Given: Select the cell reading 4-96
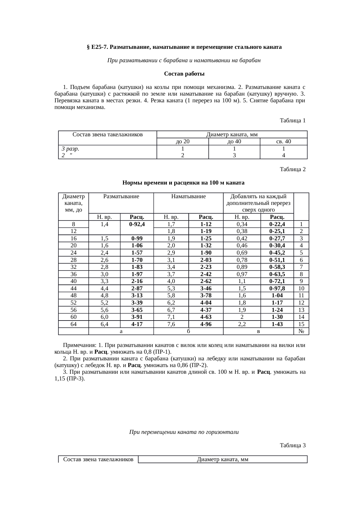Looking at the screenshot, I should click(x=206, y=324).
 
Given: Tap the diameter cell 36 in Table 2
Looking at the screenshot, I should click(x=73, y=274).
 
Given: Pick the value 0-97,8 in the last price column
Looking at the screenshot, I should click(x=277, y=289).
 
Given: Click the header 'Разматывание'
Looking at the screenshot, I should click(x=121, y=197).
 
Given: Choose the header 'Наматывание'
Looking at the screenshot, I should click(x=188, y=197).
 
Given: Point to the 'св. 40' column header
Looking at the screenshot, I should click(x=283, y=142).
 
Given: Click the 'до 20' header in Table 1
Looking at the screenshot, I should click(x=183, y=142).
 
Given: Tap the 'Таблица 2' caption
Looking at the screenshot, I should click(x=292, y=169).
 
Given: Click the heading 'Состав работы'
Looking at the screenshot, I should click(x=184, y=74).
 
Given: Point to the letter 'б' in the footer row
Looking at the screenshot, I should click(x=188, y=331).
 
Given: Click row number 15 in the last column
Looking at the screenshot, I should click(x=301, y=324).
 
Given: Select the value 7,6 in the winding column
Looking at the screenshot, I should click(x=171, y=324).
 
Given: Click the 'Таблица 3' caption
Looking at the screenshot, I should click(x=292, y=445).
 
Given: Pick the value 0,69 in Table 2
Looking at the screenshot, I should click(x=242, y=253).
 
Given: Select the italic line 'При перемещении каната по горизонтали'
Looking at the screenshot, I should click(x=184, y=432).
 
